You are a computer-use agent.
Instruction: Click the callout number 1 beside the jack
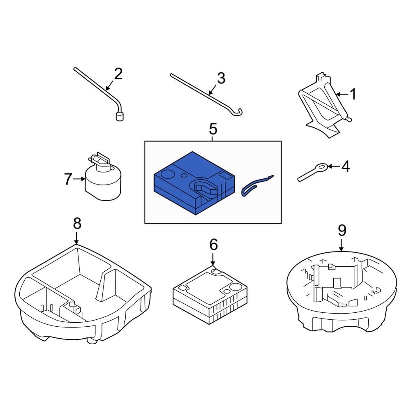353,95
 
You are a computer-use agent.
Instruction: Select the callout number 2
118,74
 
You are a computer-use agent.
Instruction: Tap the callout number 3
221,78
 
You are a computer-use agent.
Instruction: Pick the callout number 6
213,245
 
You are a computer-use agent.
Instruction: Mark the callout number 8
77,224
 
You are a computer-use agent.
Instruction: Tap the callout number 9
342,230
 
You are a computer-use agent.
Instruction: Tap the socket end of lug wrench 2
119,117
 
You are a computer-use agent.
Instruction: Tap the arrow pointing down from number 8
77,238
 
